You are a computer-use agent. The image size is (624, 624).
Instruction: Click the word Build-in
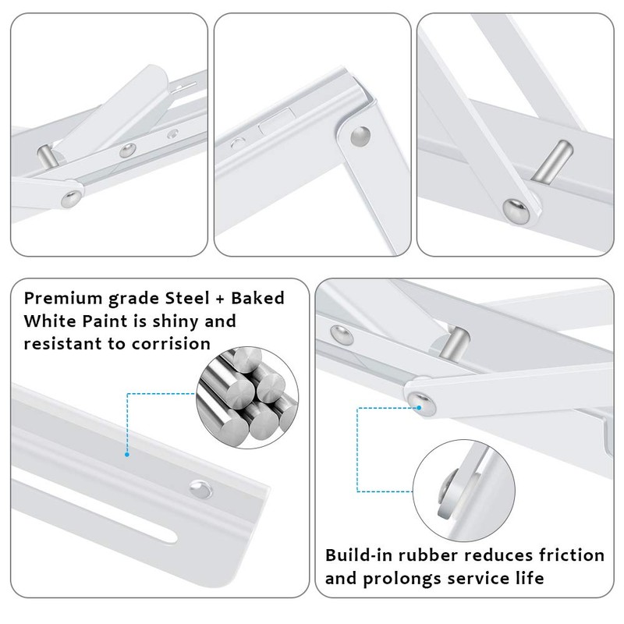tap(358, 555)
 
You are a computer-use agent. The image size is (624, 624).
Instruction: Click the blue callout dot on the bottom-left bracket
tap(126, 451)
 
